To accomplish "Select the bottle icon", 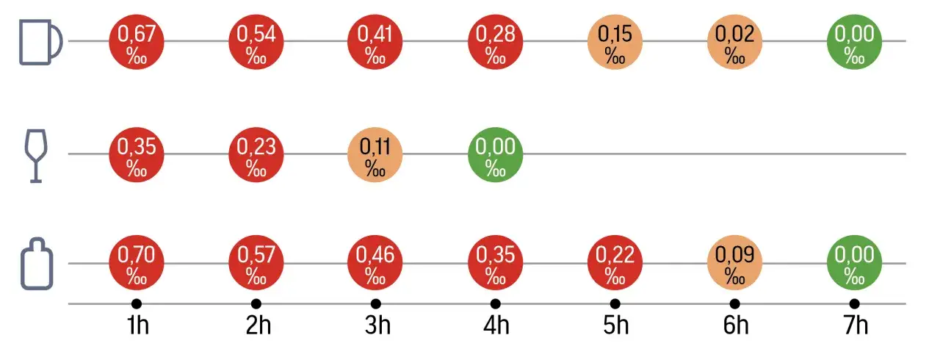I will [x=37, y=264].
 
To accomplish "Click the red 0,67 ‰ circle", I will [x=137, y=43].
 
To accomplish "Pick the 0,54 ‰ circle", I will [x=256, y=43].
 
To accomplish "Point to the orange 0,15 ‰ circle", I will [x=615, y=43].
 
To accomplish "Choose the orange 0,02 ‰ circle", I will [x=735, y=43].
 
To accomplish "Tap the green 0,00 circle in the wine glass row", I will [x=496, y=155].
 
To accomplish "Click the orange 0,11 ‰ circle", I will [x=376, y=155].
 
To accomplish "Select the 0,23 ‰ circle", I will [x=256, y=155].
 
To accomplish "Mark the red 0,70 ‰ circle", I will [x=137, y=264].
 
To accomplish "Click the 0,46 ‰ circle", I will [x=376, y=264].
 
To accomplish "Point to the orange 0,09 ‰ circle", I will [x=735, y=264].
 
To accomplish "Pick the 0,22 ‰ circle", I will [x=615, y=264].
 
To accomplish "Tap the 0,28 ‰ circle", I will [x=496, y=43].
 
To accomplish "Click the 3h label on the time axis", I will [x=377, y=325].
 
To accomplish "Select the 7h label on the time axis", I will [x=856, y=325].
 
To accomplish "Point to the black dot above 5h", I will [x=615, y=303].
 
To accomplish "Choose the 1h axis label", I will [x=137, y=325].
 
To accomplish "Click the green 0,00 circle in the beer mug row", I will [x=855, y=43].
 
